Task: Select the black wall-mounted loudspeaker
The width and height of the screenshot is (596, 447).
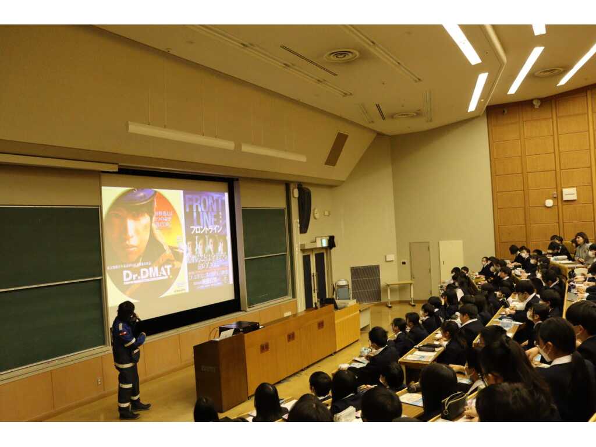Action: pos(304,209)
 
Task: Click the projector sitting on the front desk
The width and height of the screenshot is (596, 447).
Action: pos(239,327)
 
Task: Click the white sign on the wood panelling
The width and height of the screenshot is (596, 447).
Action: pos(569,194)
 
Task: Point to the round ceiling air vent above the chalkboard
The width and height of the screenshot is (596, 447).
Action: pos(341,56)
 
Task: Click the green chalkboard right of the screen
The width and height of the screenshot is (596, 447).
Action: pos(265,256)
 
